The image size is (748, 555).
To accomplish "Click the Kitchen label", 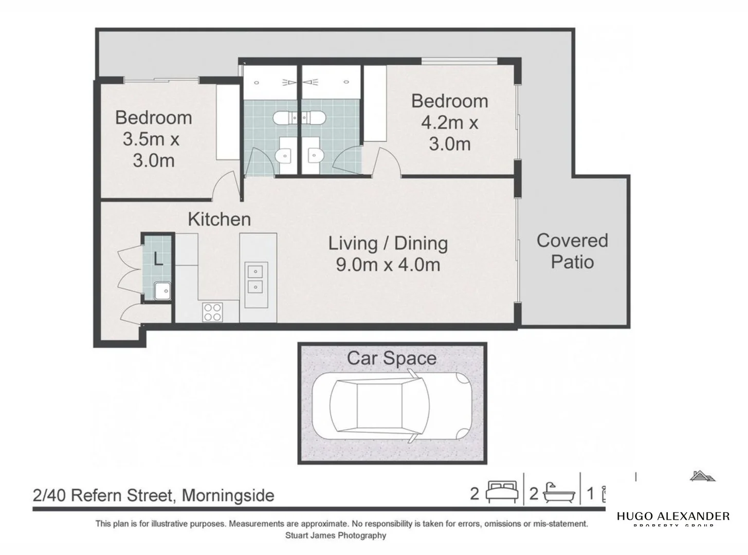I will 219,219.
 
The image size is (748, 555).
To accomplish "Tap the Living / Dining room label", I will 388,243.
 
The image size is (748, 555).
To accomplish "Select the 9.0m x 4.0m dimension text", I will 388,265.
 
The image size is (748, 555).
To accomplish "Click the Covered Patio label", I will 572,251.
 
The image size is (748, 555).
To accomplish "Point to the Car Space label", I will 392,358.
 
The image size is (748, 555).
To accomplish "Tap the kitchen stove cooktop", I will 213,311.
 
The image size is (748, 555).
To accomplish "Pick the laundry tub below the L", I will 162,291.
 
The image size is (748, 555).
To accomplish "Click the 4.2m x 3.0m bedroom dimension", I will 449,134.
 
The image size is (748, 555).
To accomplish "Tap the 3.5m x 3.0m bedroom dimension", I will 153,150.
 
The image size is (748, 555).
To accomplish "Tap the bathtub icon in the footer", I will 557,493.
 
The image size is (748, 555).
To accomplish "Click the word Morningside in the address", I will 228,495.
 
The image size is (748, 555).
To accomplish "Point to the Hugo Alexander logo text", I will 673,516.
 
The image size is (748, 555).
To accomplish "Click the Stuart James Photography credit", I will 336,535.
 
